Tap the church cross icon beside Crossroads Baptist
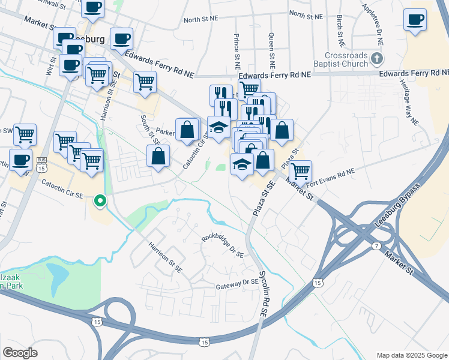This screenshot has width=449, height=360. [377, 58]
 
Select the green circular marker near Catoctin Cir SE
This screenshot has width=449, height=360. [101, 201]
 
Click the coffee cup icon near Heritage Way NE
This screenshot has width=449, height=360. [415, 19]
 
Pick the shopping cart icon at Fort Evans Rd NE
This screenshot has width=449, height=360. [300, 172]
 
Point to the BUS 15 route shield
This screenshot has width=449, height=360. [41, 164]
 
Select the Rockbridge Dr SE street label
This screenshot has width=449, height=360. [222, 244]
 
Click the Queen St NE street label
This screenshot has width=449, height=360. [272, 50]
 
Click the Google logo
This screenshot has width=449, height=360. [20, 353]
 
